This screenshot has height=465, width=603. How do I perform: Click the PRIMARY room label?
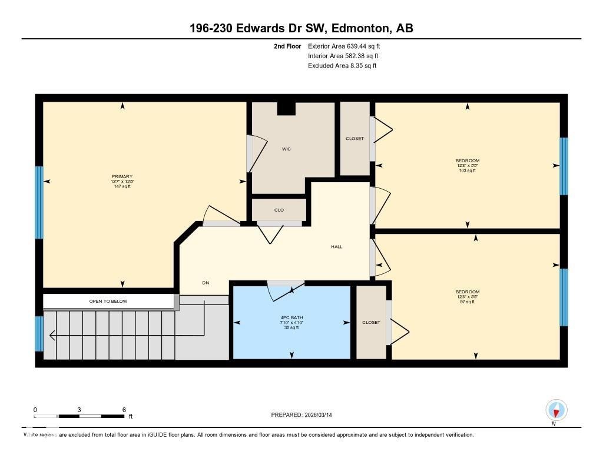pyautogui.click(x=122, y=176)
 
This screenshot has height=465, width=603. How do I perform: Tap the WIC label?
pyautogui.click(x=286, y=149)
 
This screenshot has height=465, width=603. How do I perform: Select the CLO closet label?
pyautogui.click(x=279, y=209)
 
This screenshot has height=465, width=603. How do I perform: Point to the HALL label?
pyautogui.click(x=336, y=246)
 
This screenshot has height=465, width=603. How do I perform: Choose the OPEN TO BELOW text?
pyautogui.click(x=108, y=301)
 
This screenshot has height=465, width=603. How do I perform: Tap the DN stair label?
pyautogui.click(x=206, y=283)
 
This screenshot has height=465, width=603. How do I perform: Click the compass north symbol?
pyautogui.click(x=556, y=410)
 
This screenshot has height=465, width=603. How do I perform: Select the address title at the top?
pyautogui.click(x=297, y=28)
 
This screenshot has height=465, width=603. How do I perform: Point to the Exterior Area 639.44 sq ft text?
pyautogui.click(x=348, y=46)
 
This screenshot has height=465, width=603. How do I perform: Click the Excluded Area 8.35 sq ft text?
pyautogui.click(x=342, y=66)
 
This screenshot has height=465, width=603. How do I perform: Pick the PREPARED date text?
pyautogui.click(x=306, y=415)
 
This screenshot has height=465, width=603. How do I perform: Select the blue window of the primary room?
pyautogui.click(x=39, y=202)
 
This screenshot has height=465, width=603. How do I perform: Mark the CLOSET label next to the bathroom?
pyautogui.click(x=371, y=322)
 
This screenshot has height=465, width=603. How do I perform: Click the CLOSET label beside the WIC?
pyautogui.click(x=354, y=139)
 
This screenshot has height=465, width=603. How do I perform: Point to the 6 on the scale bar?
pyautogui.click(x=124, y=410)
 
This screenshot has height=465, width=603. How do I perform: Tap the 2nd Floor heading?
pyautogui.click(x=287, y=46)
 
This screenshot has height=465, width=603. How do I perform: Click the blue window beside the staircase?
pyautogui.click(x=39, y=333)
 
